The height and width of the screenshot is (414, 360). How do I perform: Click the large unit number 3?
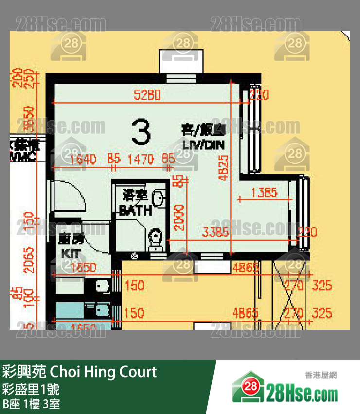(141, 132)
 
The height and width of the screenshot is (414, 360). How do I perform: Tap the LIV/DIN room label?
(204, 144)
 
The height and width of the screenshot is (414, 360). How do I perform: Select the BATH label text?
(135, 211)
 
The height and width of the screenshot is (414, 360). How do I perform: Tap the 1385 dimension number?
(264, 193)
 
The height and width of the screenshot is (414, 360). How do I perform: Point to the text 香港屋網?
(321, 375)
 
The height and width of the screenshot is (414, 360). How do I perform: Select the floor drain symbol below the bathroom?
(134, 256)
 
